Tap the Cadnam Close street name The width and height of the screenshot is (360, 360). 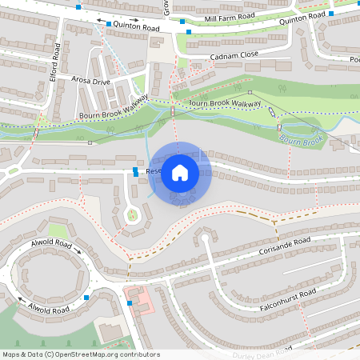pos(234,57)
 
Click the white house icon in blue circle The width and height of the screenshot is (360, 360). pos(180,172)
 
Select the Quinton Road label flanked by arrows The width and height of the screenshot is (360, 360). pos(137,27)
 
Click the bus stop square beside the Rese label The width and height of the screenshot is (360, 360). pos(135,170)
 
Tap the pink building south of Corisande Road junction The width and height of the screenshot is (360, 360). pos(140,299)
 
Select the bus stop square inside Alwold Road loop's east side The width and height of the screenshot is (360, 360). pos(86,298)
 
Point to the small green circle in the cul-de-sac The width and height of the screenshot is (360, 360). pos(133,214)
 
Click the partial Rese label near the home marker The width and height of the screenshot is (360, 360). pos(154,170)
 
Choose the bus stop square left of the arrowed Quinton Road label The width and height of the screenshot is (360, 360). pos(109,25)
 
